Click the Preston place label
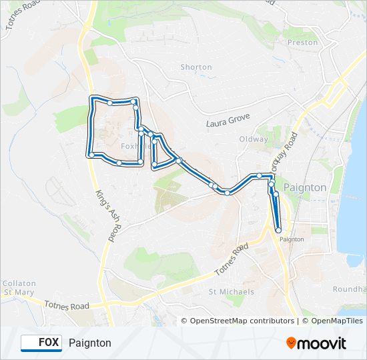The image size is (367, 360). [302, 42]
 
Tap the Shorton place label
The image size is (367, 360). [196, 67]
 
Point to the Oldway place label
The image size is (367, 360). [254, 139]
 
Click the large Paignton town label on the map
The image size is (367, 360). [305, 188]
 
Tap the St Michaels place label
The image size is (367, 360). [232, 292]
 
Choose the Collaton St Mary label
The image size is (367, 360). [19, 287]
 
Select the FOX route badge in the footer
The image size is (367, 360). [41, 343]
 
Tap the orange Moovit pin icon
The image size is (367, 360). [292, 343]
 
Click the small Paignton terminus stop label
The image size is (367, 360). [292, 239]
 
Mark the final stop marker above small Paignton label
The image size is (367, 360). [278, 230]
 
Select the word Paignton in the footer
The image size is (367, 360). [89, 343]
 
